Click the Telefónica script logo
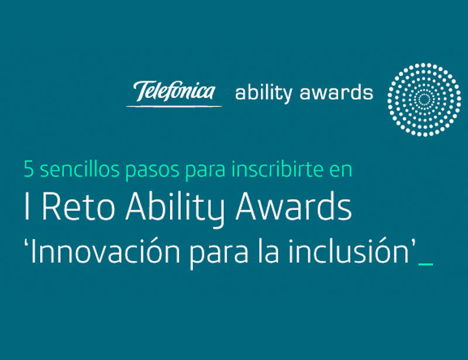click(174, 91)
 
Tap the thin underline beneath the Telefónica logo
click(174, 106)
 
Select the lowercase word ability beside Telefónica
click(264, 93)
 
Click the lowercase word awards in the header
click(336, 92)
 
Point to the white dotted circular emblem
click(424, 100)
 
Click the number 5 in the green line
click(29, 169)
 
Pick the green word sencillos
click(80, 169)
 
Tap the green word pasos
click(152, 171)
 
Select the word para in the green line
click(205, 171)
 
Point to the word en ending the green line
click(341, 171)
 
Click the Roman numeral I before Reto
click(27, 206)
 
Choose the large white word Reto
click(78, 206)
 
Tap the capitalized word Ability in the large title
click(175, 208)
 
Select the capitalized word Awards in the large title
click(294, 205)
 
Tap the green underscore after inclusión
click(426, 263)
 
